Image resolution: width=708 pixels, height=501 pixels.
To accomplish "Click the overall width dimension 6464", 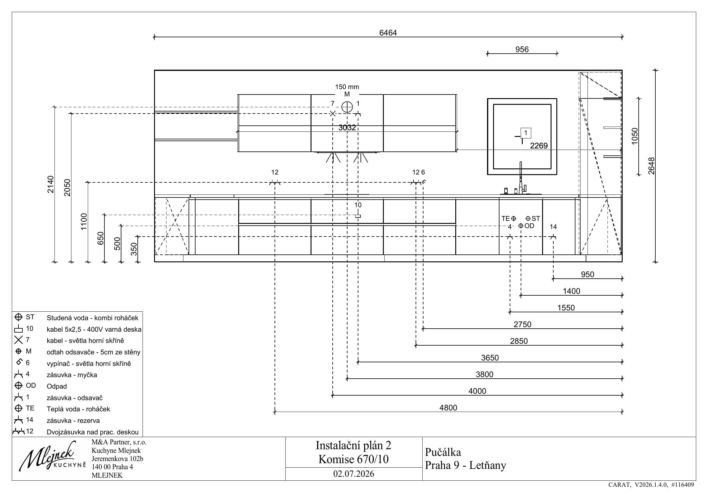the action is [388, 33].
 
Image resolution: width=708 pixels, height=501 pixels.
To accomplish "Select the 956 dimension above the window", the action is [522, 49].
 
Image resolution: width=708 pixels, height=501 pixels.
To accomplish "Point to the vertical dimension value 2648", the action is [651, 166].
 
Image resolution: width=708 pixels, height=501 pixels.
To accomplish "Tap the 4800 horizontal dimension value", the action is [448, 407].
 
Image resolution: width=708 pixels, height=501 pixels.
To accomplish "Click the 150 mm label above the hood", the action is [347, 87].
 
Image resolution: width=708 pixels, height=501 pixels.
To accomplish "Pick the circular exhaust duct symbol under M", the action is [347, 107].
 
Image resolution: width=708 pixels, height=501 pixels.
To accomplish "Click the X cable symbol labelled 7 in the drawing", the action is [332, 114].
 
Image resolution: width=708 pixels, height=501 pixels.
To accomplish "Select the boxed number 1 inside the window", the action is [526, 133].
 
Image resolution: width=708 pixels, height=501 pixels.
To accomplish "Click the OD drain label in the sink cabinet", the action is [529, 226].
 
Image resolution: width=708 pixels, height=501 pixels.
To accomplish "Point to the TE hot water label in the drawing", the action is [505, 218].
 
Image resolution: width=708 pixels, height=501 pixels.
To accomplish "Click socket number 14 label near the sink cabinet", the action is [553, 227].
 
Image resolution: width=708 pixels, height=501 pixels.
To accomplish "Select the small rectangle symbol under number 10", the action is [358, 216].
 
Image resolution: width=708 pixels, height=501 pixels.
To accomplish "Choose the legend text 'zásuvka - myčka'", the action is [72, 375].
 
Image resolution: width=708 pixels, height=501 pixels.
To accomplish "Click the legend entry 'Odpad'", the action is [57, 386].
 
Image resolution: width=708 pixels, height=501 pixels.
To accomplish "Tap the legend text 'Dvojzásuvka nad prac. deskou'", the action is [93, 432].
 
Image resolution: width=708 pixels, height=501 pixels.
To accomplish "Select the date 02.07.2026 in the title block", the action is [354, 474].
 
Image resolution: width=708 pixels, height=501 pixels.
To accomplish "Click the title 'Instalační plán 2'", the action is [353, 445].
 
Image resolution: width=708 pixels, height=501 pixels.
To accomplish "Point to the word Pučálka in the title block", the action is [443, 452].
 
